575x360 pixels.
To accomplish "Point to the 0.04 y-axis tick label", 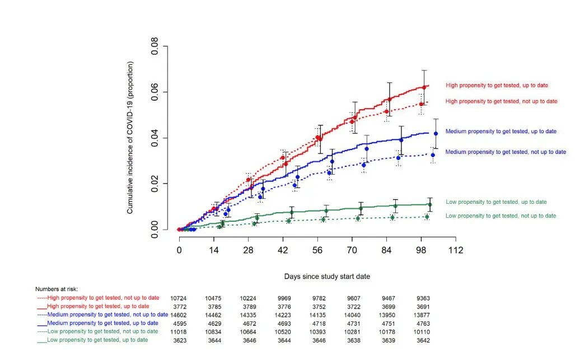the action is [155, 138].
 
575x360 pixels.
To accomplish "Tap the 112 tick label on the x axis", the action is [455, 250].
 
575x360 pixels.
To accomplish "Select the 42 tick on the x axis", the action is [283, 240].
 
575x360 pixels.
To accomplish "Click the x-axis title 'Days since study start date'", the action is [327, 277].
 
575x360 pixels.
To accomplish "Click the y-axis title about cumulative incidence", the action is [130, 138].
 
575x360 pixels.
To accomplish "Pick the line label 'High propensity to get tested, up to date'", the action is [497, 86].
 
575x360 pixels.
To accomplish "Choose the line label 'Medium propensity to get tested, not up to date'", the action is [506, 152].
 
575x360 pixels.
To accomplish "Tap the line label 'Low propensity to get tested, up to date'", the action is [496, 202].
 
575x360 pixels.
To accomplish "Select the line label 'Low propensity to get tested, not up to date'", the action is [501, 216].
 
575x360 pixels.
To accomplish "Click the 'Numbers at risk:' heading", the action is [57, 289].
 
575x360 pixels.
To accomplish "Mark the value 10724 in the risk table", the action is [179, 298].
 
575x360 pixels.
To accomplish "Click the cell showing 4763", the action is [423, 324].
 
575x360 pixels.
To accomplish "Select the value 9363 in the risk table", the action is [423, 298].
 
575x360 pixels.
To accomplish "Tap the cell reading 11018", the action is [179, 332].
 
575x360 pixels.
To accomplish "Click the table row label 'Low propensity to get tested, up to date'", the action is [97, 340].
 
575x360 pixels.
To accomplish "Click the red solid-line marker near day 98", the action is [424, 87].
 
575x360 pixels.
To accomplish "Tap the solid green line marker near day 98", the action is [430, 205].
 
